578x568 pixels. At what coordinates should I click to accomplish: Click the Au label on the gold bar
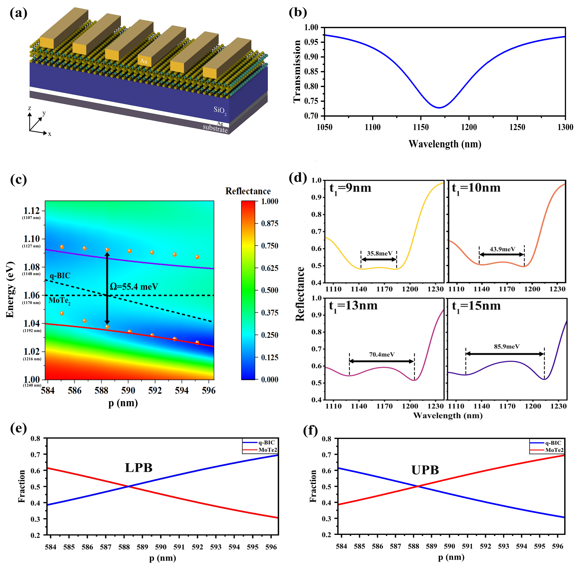[x=144, y=61]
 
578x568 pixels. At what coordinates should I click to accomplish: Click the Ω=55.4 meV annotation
[x=134, y=287]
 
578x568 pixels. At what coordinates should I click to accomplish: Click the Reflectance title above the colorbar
[x=248, y=191]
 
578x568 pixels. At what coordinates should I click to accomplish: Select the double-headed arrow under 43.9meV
[x=502, y=254]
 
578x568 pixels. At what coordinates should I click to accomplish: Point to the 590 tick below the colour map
[x=128, y=390]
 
